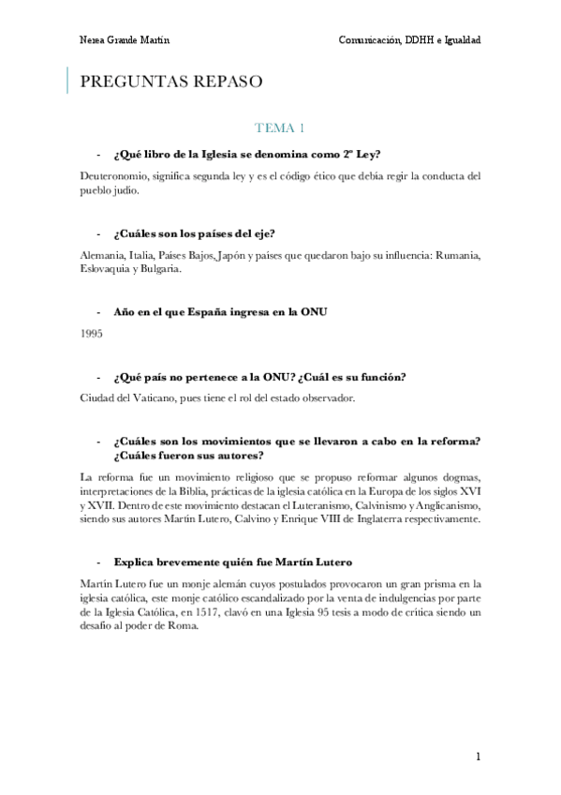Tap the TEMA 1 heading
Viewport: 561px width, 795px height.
tap(280, 127)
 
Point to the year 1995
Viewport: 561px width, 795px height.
tap(93, 333)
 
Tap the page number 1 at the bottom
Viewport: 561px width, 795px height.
tap(478, 757)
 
